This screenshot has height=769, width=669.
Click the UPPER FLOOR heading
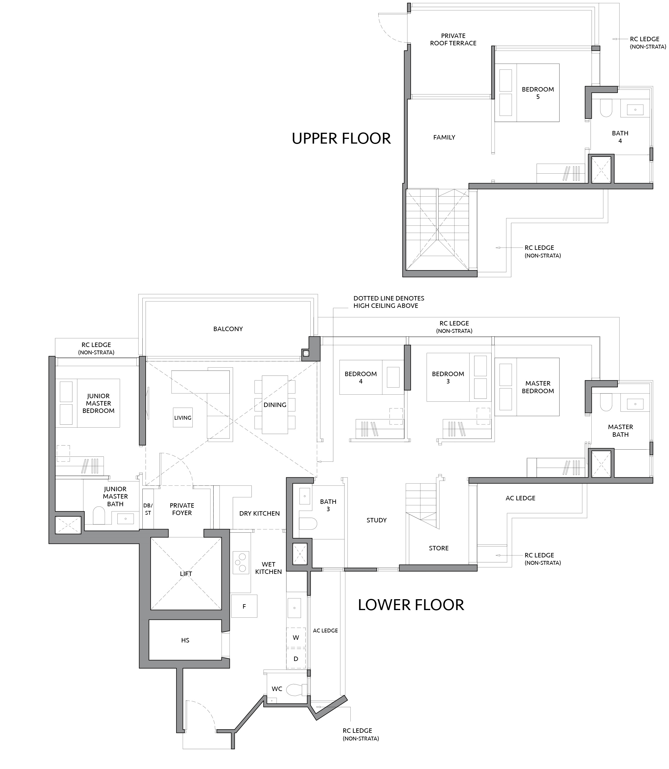coord(341,139)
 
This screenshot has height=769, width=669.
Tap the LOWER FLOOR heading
coord(411,605)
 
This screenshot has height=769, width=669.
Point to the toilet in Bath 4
coord(606,108)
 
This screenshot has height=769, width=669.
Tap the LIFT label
coord(186,574)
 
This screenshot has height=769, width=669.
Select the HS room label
coord(185,640)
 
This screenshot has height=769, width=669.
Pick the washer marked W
coord(296,637)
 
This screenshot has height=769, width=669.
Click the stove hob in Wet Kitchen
coord(241,562)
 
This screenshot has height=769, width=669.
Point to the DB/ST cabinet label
coord(148,509)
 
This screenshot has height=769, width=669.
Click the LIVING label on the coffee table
coord(183,418)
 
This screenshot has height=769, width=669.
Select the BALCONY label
coord(228,329)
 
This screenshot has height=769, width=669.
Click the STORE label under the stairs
coord(439,548)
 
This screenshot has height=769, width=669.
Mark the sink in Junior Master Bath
coord(125,519)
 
